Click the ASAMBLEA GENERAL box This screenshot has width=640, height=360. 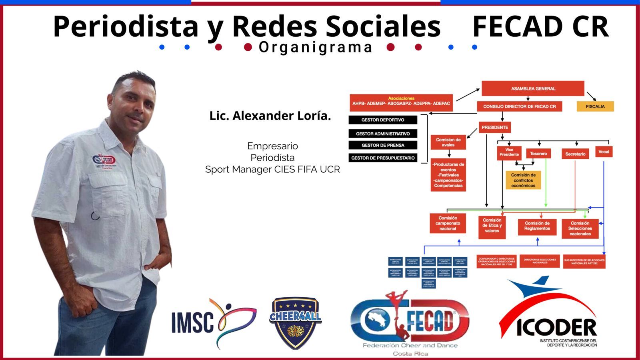[533, 88]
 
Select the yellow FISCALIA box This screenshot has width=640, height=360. [595, 106]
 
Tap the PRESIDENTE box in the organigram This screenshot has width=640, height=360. [495, 128]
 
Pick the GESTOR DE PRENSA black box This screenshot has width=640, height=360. [383, 145]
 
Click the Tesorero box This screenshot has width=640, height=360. [538, 154]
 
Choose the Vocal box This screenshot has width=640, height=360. [604, 152]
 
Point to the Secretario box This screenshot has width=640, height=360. [575, 154]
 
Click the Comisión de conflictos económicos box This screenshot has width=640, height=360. [523, 180]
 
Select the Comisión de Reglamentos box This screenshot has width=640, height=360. [537, 226]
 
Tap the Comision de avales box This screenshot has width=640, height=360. [448, 142]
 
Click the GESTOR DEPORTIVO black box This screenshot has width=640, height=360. [383, 120]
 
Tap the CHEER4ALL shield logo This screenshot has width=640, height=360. [296, 323]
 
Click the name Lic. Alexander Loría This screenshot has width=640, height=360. [270, 116]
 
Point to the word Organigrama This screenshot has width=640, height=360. [316, 47]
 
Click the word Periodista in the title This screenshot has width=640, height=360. [126, 26]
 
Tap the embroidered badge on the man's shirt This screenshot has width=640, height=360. [104, 161]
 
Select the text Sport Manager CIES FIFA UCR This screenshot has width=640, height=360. [272, 170]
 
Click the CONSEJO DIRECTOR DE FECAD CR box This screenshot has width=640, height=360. [519, 106]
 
